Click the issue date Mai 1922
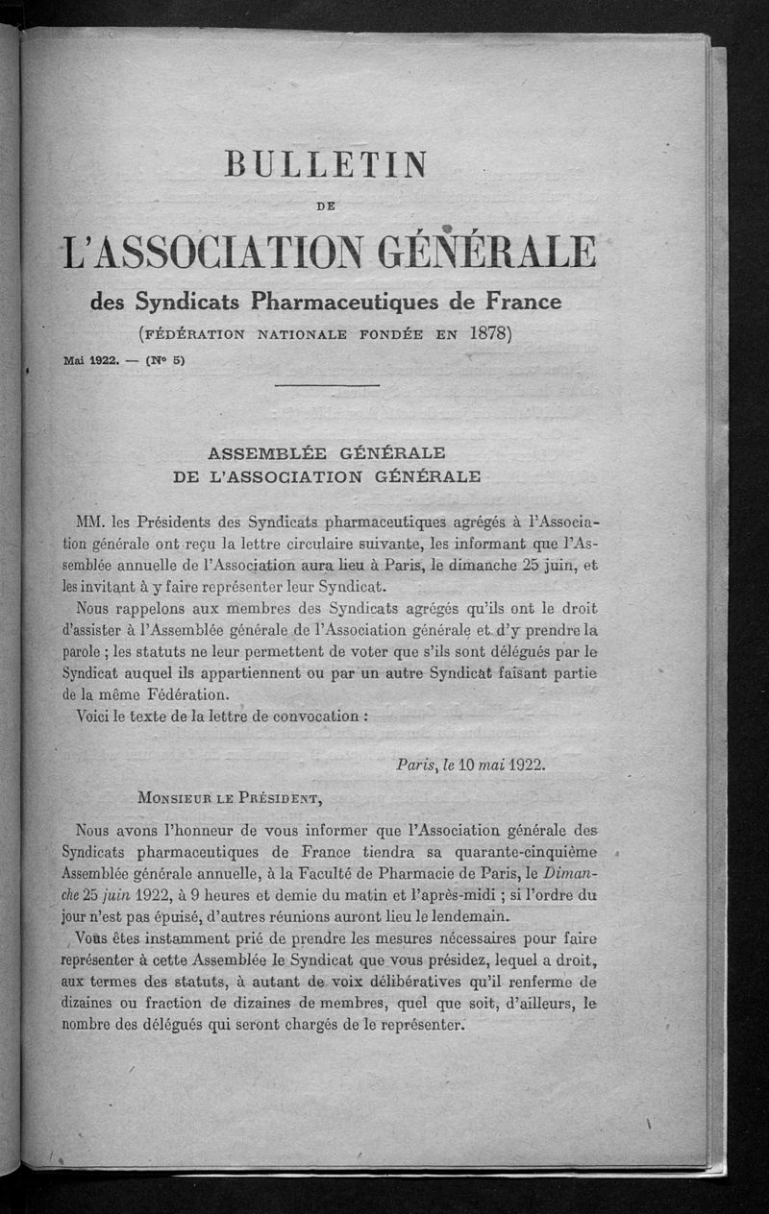[89, 361]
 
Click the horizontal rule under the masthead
[327, 386]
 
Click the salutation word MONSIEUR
[177, 797]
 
